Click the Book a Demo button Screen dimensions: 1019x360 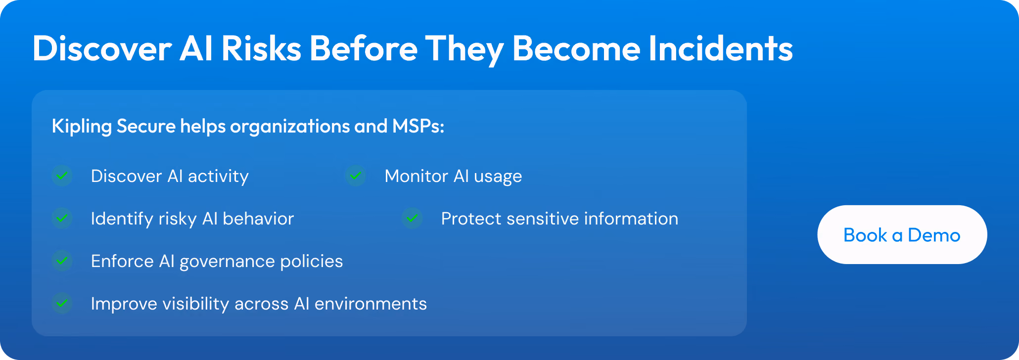coord(902,234)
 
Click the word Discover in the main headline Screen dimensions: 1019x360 coord(102,48)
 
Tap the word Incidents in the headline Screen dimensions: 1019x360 coord(721,48)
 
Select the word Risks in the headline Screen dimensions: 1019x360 coord(261,48)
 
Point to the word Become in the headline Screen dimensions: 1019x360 coord(576,48)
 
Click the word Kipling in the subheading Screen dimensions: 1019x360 coord(82,127)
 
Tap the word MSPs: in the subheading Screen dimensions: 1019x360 coord(418,126)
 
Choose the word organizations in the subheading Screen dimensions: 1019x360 coord(290,127)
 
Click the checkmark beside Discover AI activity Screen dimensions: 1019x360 coord(62,176)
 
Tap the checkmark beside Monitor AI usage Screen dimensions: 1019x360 coord(356,176)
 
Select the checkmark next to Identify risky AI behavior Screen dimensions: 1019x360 coord(62,218)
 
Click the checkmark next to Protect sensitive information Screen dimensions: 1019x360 coord(412,218)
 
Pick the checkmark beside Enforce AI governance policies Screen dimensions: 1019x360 coord(62,261)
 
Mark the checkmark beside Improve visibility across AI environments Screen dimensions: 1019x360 coord(62,303)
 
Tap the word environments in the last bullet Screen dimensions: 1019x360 coord(371,304)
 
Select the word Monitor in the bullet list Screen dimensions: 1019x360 coord(417,176)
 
